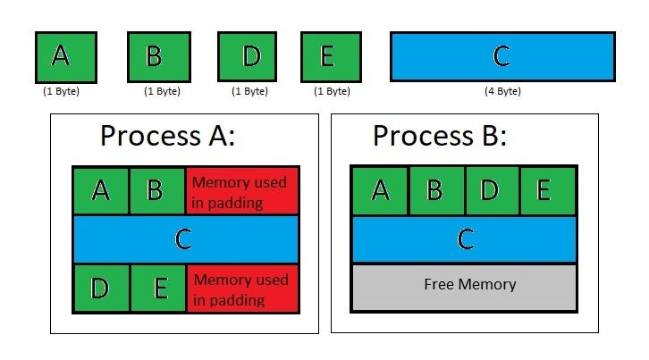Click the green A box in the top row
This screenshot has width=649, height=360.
tap(62, 56)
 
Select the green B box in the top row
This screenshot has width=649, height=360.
tap(154, 56)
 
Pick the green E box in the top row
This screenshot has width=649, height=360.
tap(326, 56)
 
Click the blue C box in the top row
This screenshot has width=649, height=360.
tap(501, 56)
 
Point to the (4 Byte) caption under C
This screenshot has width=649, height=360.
tap(501, 91)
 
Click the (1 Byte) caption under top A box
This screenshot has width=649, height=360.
tap(62, 91)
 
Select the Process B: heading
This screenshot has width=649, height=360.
tap(440, 137)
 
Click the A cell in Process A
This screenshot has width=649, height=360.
tap(101, 190)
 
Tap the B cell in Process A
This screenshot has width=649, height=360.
tap(157, 190)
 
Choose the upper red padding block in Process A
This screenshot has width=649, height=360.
tap(241, 190)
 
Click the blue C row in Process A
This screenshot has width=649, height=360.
tap(185, 239)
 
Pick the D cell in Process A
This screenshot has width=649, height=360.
tap(101, 288)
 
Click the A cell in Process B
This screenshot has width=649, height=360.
tap(380, 190)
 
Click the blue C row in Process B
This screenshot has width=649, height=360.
tap(463, 239)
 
